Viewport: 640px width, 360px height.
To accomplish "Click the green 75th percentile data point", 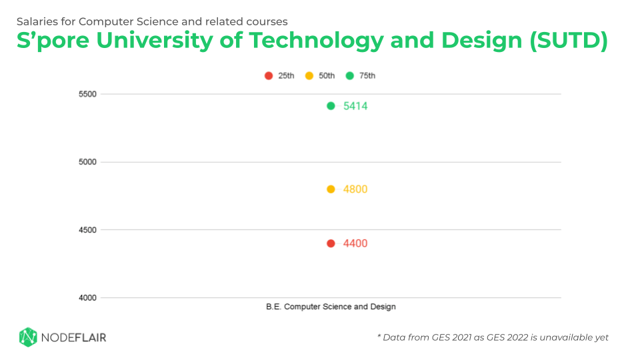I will (x=331, y=106).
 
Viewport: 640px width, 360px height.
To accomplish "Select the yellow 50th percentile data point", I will (x=331, y=189).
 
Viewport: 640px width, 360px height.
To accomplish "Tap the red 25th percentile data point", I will (x=331, y=243).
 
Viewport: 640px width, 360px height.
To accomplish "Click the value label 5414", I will (x=355, y=106).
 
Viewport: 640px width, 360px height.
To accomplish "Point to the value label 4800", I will (x=355, y=189).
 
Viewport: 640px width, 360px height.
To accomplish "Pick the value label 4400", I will (x=355, y=243).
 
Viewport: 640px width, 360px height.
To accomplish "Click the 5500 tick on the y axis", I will (x=87, y=94).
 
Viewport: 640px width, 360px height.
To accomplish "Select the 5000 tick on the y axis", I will (x=87, y=162).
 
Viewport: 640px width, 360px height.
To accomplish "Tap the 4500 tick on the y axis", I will (x=87, y=230).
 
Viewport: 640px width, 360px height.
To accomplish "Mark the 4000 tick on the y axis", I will (x=87, y=298).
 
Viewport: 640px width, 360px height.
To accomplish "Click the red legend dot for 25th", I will (x=269, y=76).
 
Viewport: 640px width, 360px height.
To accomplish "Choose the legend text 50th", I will (x=327, y=76).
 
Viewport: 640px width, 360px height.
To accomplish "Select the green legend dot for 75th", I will (x=349, y=76).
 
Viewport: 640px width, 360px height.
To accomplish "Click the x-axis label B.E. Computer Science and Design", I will (x=331, y=307).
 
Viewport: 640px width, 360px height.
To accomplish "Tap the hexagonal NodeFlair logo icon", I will (x=27, y=337).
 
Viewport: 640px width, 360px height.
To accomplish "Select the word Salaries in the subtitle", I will (x=38, y=22).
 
